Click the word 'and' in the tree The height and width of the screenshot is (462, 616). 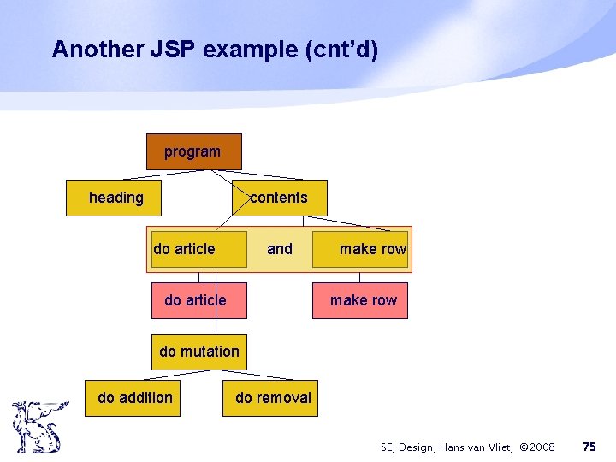tap(280, 249)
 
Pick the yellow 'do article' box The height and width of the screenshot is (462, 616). tap(198, 249)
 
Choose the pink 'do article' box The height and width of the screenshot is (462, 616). tap(198, 300)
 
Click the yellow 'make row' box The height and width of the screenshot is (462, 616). tap(360, 249)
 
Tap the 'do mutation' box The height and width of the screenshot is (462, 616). tap(199, 352)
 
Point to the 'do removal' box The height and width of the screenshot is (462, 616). tap(270, 398)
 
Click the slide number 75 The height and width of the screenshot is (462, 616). tap(589, 447)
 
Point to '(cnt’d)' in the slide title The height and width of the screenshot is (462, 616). tap(341, 50)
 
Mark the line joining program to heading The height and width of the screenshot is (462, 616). tap(145, 175)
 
